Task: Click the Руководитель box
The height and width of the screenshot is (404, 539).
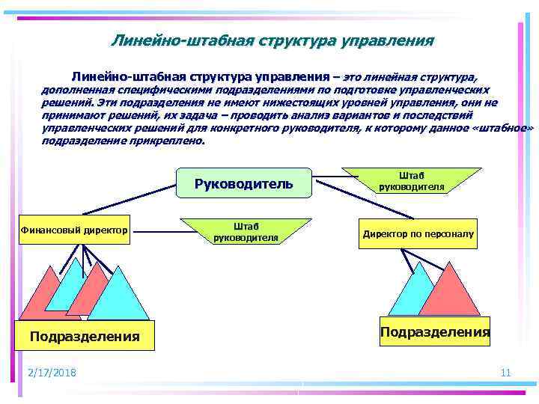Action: (x=243, y=183)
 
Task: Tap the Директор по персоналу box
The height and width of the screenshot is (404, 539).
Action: (x=418, y=233)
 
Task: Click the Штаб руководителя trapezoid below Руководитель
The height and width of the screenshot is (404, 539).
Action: (x=246, y=231)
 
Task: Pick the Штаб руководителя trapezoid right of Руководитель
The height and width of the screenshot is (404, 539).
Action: (x=411, y=180)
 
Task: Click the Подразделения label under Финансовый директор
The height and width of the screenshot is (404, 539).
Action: (x=84, y=337)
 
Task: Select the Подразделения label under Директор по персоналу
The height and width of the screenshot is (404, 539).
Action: (x=435, y=331)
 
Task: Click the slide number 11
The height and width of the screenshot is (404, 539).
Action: (x=505, y=373)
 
